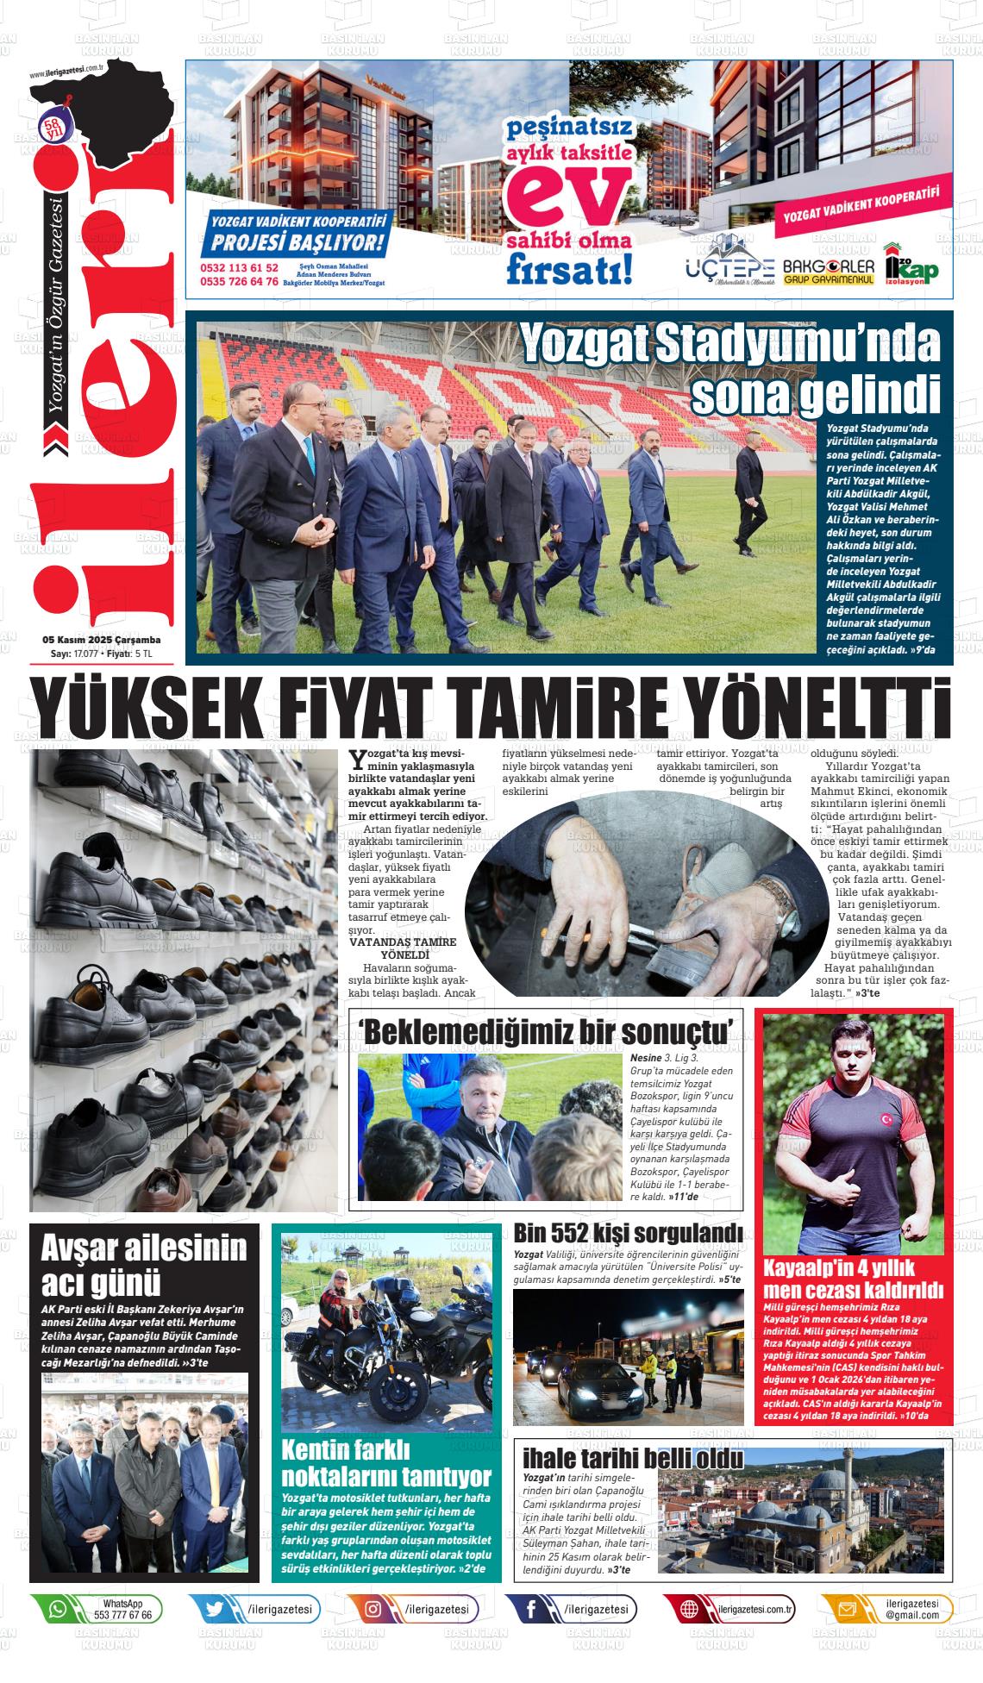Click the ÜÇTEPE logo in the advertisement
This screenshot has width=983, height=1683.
[x=730, y=268]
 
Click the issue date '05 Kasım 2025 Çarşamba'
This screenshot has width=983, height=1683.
[x=102, y=641]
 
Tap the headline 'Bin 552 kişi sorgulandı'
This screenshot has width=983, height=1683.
[x=628, y=1232]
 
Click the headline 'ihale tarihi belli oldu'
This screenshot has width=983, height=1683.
[x=633, y=1458]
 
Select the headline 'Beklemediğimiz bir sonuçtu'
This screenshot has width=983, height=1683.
[x=550, y=1030]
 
